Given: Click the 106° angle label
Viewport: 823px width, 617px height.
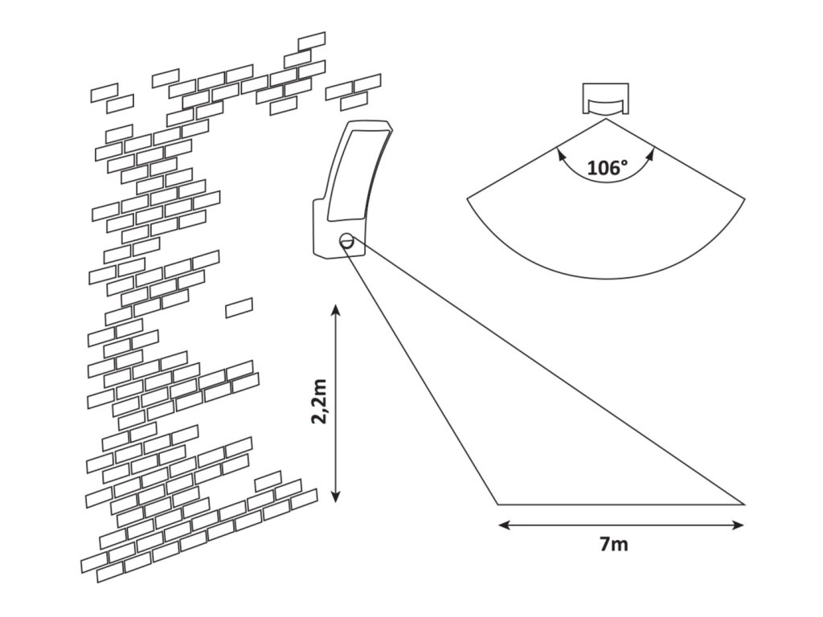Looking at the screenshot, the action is [x=607, y=169].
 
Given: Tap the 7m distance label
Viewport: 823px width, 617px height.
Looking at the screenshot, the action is [x=613, y=545].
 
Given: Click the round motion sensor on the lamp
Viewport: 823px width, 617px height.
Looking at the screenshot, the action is [x=347, y=241].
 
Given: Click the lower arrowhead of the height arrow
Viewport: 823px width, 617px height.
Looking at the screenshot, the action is [x=336, y=496].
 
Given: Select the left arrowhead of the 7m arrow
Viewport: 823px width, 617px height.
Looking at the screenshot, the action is [x=503, y=525].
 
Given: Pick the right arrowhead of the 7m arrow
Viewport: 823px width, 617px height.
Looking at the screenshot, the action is [x=739, y=525].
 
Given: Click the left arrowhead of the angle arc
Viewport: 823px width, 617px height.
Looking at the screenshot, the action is [x=560, y=153].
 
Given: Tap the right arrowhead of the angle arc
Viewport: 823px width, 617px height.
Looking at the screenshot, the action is [x=651, y=153].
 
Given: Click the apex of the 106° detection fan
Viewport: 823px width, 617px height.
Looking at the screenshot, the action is [x=606, y=120].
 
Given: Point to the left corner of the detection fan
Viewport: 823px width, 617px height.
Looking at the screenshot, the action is [x=468, y=198].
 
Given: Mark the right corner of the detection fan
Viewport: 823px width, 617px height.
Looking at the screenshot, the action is [x=745, y=198].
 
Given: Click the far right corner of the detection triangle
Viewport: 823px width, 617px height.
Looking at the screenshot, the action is [x=744, y=505].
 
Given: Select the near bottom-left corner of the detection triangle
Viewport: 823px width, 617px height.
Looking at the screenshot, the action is [x=497, y=505].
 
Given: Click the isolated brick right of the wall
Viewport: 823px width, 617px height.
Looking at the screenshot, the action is [x=239, y=308].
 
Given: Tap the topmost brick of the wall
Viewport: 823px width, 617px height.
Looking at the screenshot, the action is [x=312, y=41].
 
